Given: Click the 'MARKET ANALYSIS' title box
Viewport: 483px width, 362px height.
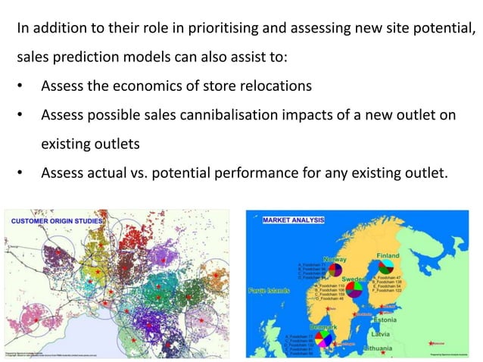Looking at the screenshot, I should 293,220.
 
